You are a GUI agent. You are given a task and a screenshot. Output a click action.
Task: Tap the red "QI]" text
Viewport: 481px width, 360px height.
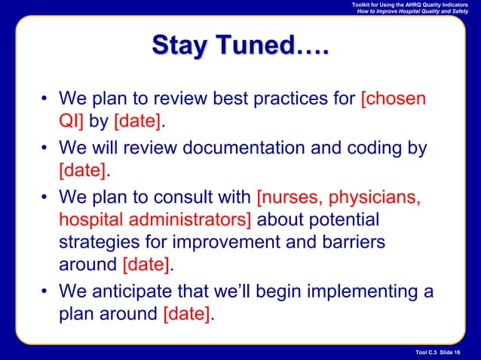pos(73,123)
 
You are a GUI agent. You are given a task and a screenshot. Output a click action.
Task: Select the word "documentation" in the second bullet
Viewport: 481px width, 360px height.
pos(244,149)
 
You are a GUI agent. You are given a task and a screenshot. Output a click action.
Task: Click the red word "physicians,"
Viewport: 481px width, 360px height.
pos(372,198)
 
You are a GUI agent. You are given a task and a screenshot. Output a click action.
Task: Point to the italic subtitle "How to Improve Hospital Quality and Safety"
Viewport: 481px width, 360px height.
pos(412,13)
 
